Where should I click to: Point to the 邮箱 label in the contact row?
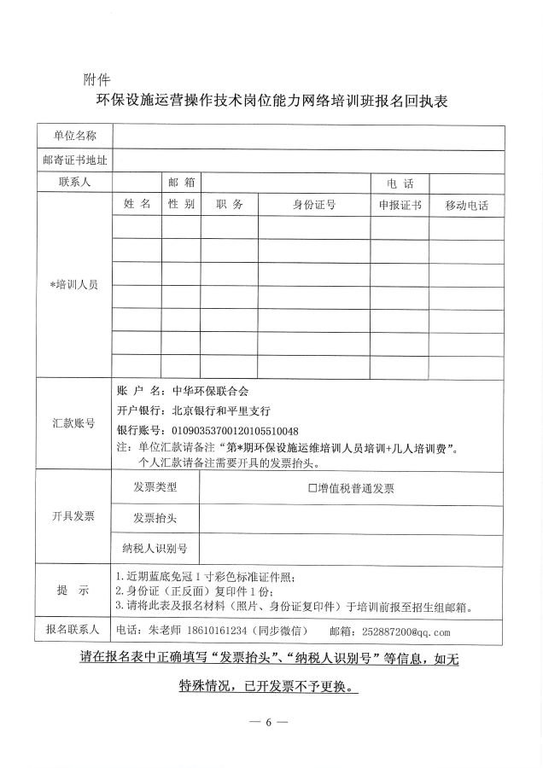pyautogui.click(x=181, y=183)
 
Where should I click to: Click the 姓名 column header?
pyautogui.click(x=137, y=205)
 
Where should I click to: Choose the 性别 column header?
pyautogui.click(x=181, y=205)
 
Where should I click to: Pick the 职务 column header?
pyautogui.click(x=230, y=205)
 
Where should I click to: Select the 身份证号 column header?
pyautogui.click(x=314, y=205)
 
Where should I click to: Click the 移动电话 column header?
pyautogui.click(x=467, y=206)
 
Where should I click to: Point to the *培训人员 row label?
pyautogui.click(x=73, y=284)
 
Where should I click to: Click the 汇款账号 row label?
pyautogui.click(x=73, y=422)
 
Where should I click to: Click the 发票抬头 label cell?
pyautogui.click(x=155, y=518)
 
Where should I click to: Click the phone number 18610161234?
pyautogui.click(x=212, y=631)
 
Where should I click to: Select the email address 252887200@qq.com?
pyautogui.click(x=406, y=632)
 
